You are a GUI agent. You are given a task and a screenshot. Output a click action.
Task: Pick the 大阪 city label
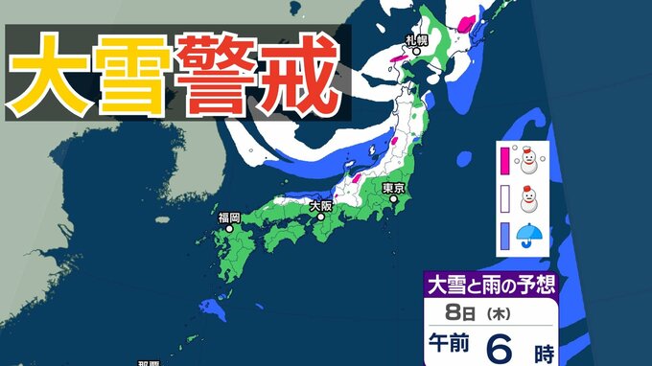(x=320, y=205)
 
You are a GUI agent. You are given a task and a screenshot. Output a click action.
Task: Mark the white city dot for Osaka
(x=320, y=217)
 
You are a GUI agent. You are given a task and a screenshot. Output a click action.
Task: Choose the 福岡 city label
(x=228, y=217)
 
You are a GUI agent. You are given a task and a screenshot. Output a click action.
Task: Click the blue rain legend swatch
(x=502, y=236)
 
